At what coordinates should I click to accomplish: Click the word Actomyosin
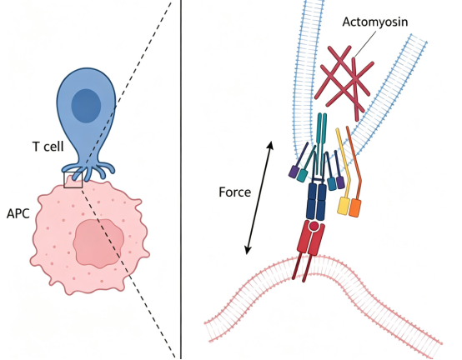(x=374, y=22)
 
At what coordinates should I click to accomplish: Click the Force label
(x=235, y=192)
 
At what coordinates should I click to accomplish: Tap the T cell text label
(x=48, y=147)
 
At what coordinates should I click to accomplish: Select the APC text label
(x=18, y=213)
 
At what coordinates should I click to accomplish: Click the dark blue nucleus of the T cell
(x=86, y=106)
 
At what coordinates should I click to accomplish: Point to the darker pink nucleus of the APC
(x=98, y=243)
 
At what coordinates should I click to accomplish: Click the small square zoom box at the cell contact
(x=73, y=179)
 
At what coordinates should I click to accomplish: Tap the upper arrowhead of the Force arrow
(x=270, y=145)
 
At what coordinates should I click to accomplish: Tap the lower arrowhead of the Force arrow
(x=248, y=250)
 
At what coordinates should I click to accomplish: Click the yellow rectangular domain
(x=344, y=206)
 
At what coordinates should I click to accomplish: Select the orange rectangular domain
(x=354, y=208)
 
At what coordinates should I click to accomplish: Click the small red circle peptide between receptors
(x=314, y=226)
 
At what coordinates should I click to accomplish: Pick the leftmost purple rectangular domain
(x=294, y=172)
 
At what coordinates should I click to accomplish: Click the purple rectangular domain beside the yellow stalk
(x=340, y=182)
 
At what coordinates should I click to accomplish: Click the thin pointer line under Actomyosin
(x=364, y=43)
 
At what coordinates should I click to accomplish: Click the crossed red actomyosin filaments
(x=344, y=81)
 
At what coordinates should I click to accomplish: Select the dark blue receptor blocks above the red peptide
(x=316, y=202)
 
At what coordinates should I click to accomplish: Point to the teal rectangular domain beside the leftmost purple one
(x=302, y=176)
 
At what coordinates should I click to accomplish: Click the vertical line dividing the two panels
(x=181, y=179)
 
